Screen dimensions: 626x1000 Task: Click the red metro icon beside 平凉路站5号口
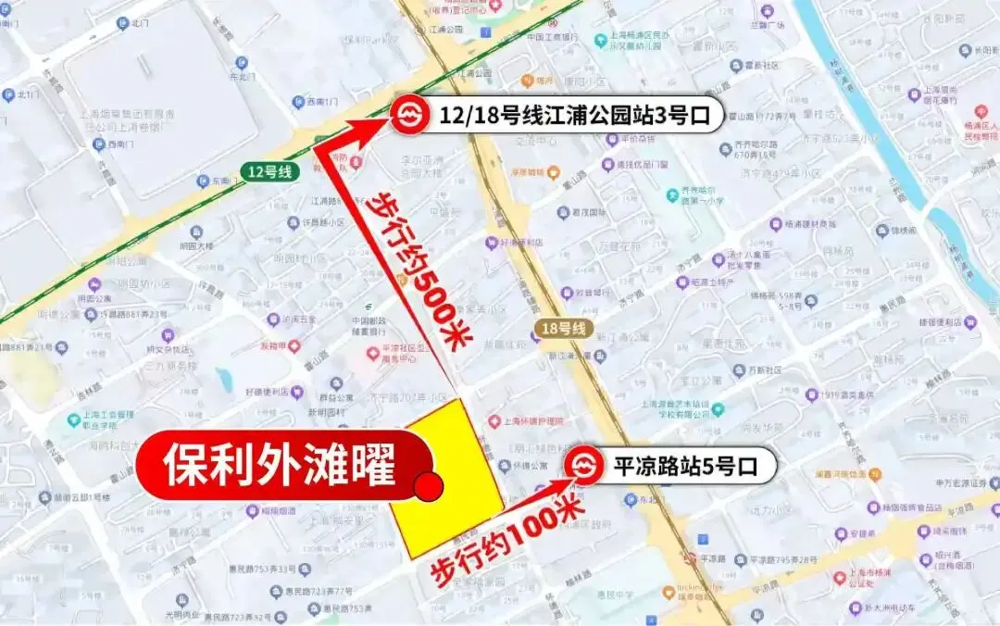583,466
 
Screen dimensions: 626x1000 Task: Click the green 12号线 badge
269,170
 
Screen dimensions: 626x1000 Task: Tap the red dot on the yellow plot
429,485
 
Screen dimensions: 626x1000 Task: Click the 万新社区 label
763,370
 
